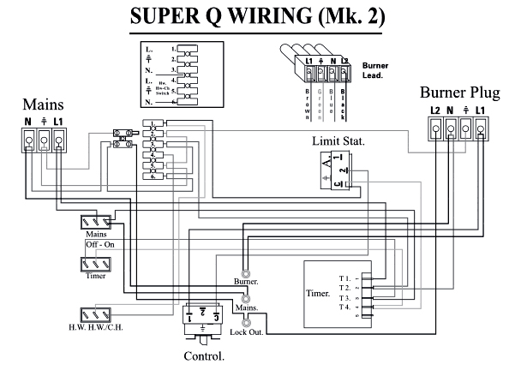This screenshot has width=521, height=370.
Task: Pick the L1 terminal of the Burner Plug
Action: (x=481, y=128)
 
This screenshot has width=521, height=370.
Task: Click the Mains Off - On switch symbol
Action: (x=94, y=221)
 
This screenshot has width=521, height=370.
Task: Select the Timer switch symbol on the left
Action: (x=94, y=262)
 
